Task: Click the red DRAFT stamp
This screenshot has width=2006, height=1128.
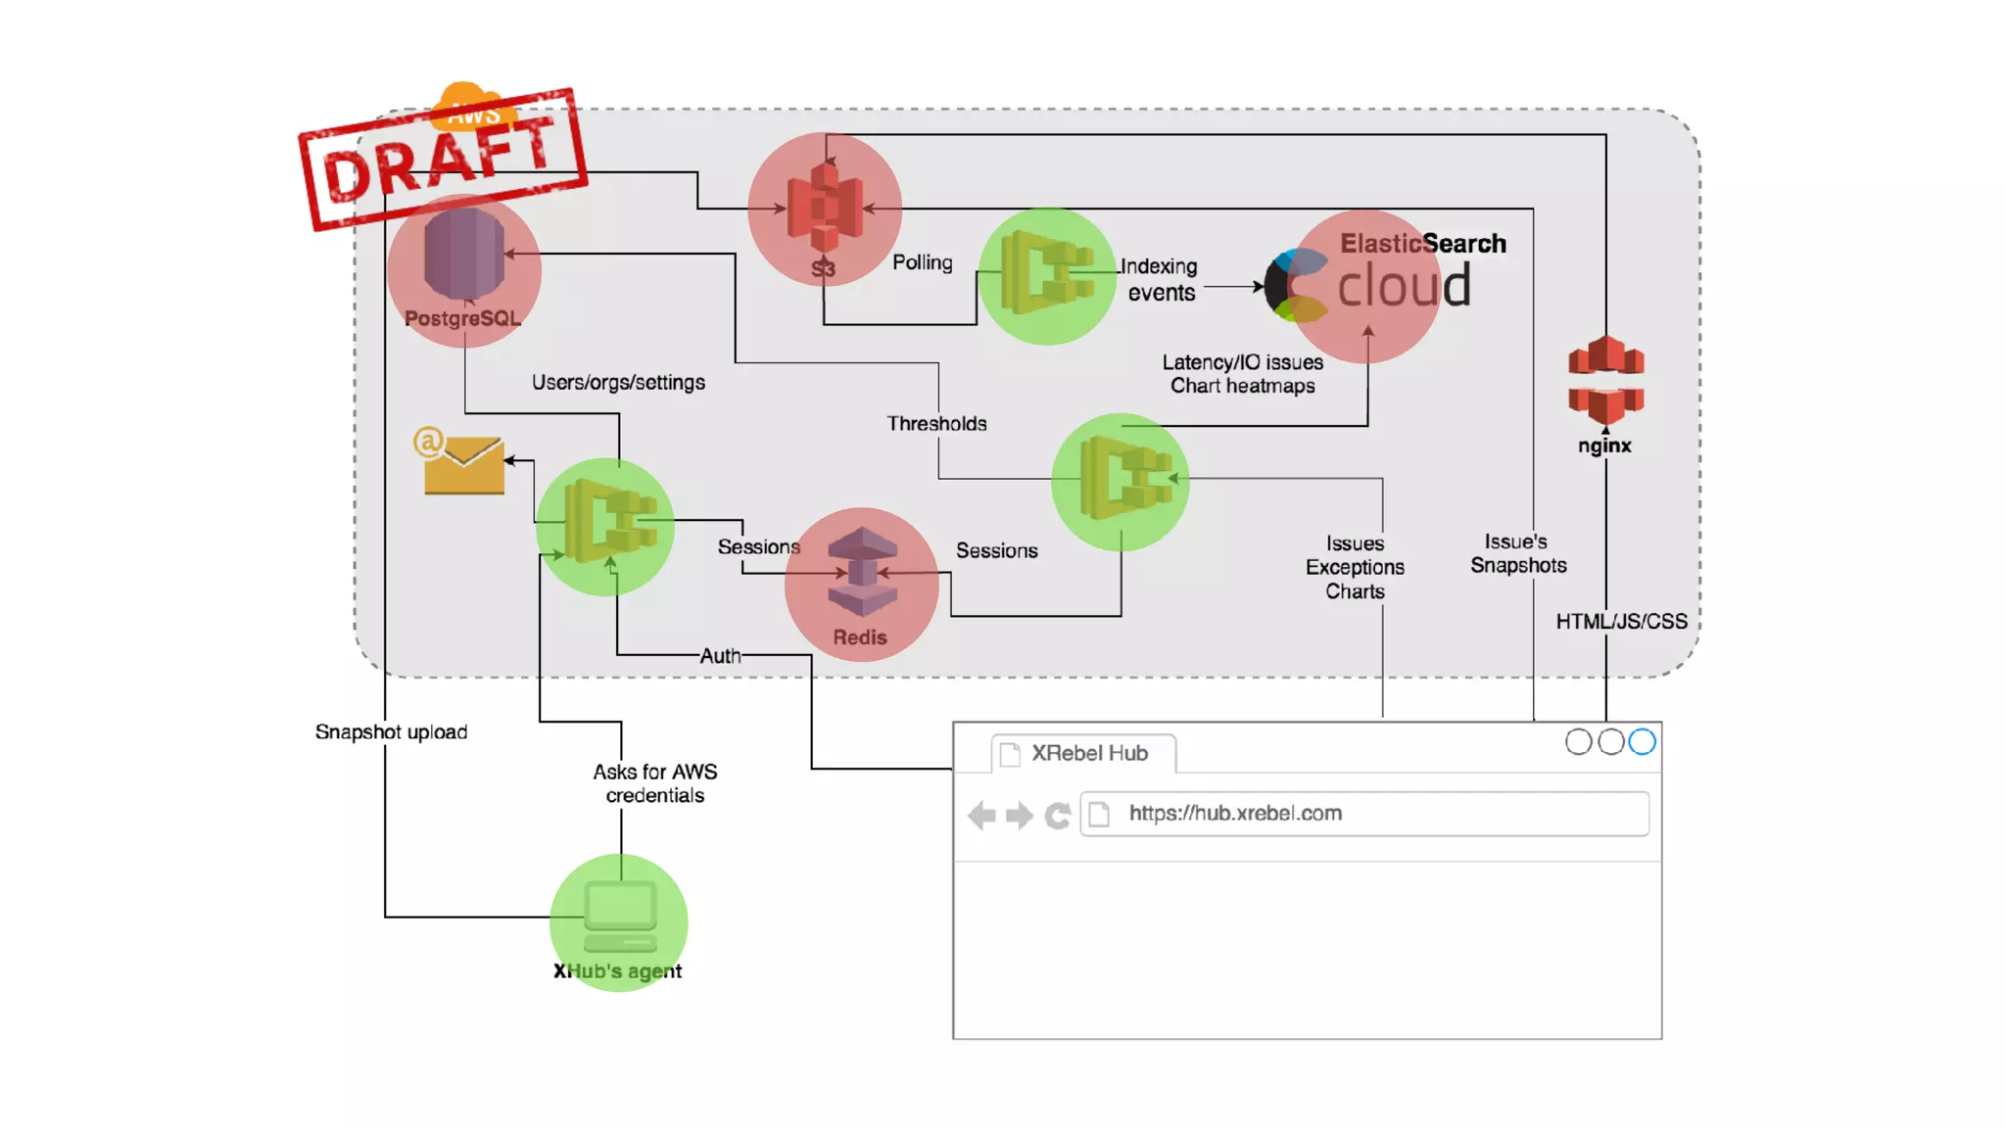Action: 443,160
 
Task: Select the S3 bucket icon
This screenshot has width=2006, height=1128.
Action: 825,208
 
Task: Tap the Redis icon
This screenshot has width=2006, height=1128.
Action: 861,574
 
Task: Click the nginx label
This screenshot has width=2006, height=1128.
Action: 1604,446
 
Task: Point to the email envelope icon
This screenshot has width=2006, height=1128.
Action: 463,463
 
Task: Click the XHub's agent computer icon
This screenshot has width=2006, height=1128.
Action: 620,916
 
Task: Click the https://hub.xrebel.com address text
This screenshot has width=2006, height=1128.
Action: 1235,813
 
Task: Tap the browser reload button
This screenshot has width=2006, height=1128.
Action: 1057,815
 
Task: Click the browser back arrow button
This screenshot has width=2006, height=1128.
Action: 981,815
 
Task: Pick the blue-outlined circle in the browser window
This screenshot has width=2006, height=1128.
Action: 1642,742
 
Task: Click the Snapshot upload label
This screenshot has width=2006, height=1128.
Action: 391,732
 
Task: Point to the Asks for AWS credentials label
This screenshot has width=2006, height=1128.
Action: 654,783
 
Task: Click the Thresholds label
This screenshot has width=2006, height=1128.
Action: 936,424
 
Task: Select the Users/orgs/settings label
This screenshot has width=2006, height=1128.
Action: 618,382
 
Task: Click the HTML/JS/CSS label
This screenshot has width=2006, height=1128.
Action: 1621,622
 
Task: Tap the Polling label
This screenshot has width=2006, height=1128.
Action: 922,262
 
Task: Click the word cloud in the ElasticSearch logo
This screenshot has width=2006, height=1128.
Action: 1404,287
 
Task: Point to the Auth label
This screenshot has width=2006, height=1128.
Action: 720,656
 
